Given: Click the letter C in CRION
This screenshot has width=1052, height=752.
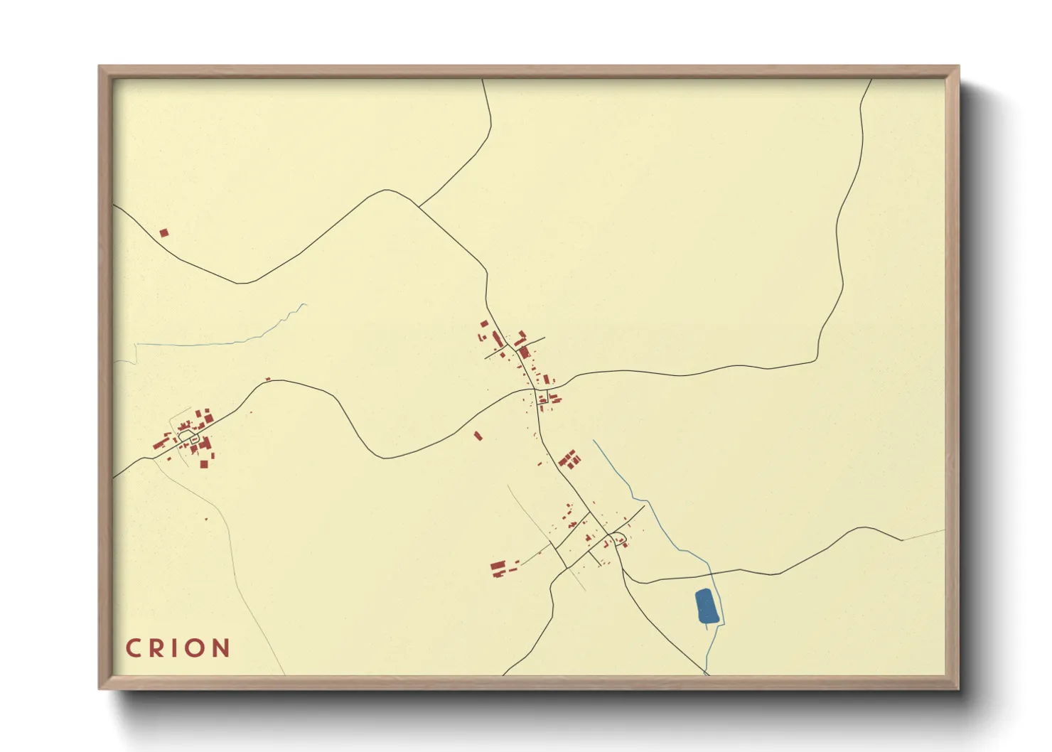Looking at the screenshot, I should coord(132,648).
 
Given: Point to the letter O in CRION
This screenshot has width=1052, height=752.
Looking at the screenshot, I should coord(195,648).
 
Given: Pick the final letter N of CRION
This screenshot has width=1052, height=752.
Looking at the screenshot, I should coord(221,648).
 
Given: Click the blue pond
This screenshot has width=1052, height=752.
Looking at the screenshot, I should coord(706,606).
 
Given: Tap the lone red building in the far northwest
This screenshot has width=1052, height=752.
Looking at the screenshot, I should coord(163,232).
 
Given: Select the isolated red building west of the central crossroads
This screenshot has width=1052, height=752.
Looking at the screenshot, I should coord(478,436).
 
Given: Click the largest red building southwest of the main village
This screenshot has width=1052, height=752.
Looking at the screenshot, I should coord(498,567).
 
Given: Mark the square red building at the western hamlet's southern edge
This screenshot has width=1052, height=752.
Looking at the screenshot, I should coord(203,464).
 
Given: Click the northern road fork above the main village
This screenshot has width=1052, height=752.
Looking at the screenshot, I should coord(419,207).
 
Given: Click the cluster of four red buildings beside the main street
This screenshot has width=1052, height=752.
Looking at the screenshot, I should coord(569,459).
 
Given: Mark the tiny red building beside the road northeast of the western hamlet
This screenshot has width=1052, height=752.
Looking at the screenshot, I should coord(268,379).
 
